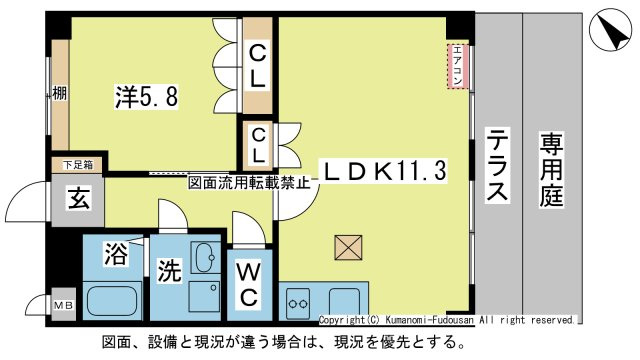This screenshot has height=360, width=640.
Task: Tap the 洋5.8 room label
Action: coord(146,98)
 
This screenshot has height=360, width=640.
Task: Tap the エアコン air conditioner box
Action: coord(457,67)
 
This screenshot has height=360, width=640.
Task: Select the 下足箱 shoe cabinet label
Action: coord(77,164)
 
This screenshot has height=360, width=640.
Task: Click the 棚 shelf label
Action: coord(59,96)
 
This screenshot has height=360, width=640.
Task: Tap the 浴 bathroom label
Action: coord(115,255)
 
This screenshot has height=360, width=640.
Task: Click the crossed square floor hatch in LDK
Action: coord(350,247)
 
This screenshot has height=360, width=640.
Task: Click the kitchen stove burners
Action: coord(298,297)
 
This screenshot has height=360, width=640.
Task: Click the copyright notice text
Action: coord(446,320)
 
